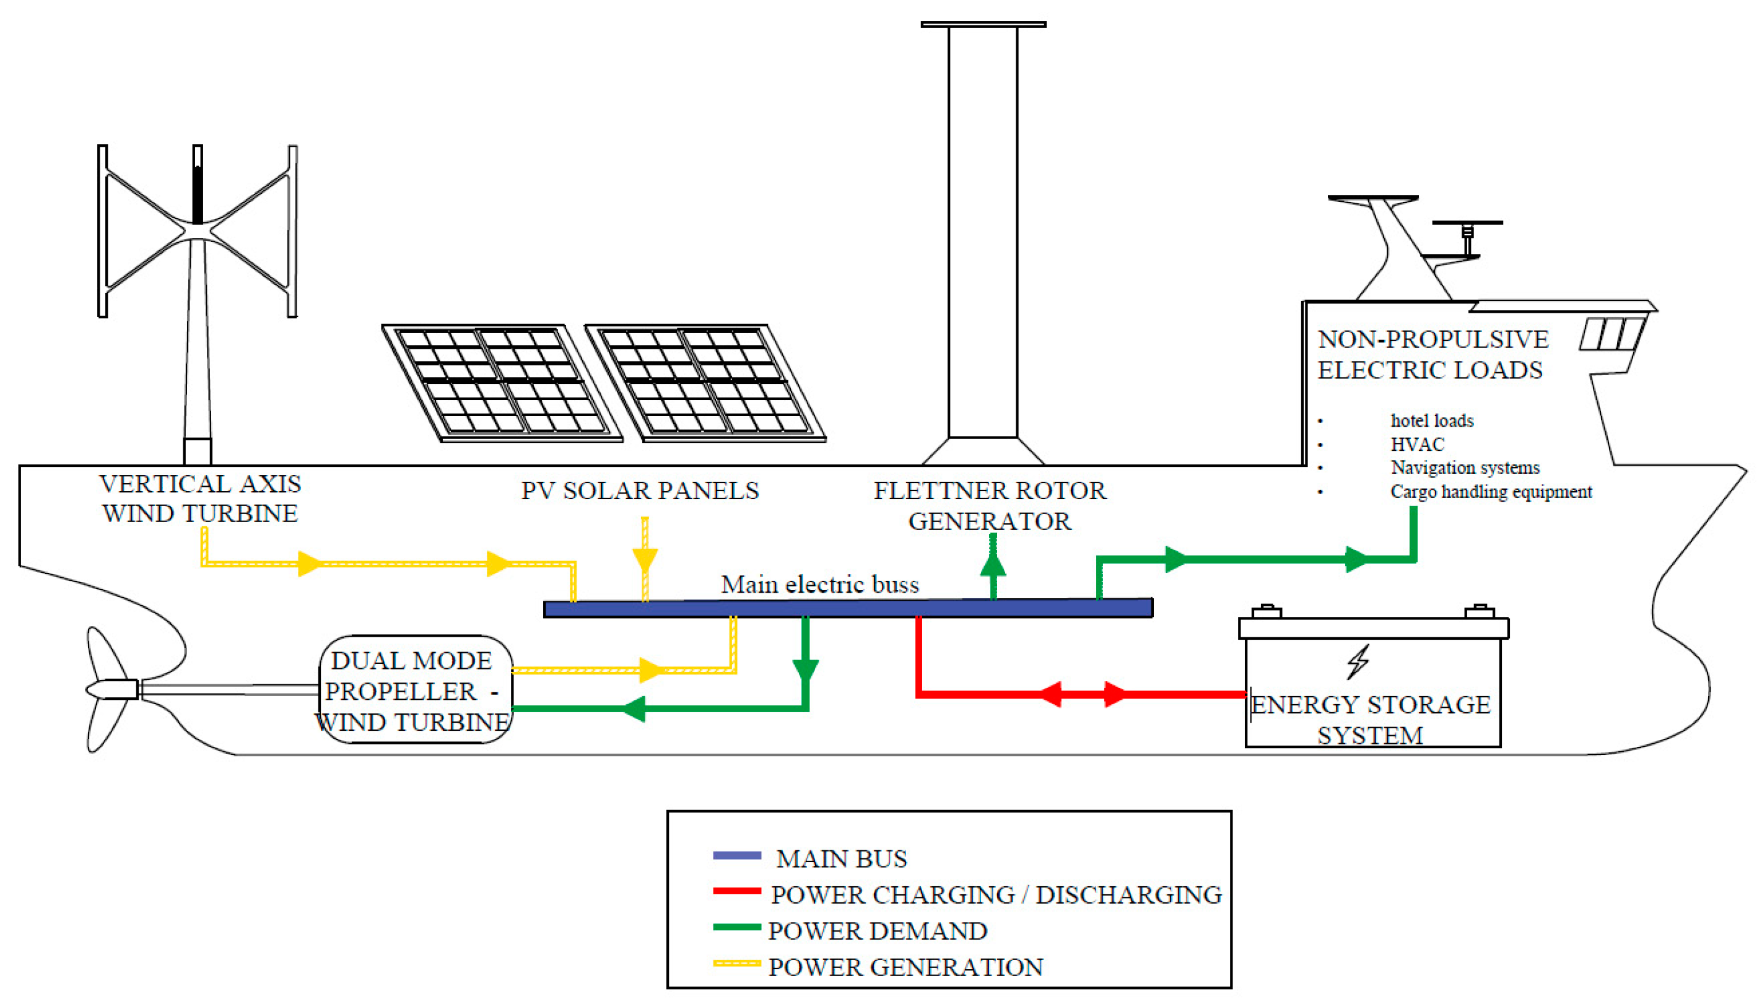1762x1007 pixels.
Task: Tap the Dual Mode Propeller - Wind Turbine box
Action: point(415,691)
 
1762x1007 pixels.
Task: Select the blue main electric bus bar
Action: point(848,608)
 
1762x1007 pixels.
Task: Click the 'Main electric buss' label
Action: point(819,585)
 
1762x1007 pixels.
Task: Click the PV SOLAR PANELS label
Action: point(640,490)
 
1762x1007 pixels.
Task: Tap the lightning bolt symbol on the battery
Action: point(1358,661)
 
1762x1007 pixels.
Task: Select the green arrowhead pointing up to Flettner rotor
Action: point(993,564)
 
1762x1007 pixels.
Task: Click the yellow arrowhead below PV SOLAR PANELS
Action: point(645,559)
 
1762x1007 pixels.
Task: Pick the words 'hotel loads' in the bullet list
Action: point(1431,421)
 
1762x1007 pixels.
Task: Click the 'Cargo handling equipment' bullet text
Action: point(1491,492)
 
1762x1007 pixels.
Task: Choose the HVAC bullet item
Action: point(1417,444)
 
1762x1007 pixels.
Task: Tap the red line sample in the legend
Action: point(736,892)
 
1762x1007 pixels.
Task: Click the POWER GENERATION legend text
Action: point(905,967)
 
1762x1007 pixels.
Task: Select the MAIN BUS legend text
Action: point(841,858)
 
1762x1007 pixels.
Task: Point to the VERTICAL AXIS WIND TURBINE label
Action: point(200,498)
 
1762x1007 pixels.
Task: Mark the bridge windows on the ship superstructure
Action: point(1612,334)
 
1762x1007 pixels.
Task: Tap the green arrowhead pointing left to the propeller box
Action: point(633,708)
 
